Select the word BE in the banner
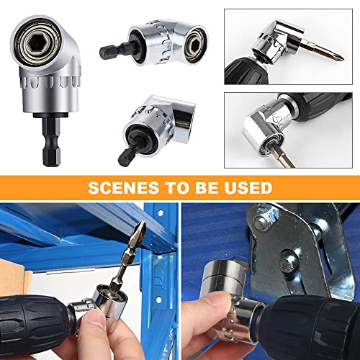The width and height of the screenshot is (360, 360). [211, 189]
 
